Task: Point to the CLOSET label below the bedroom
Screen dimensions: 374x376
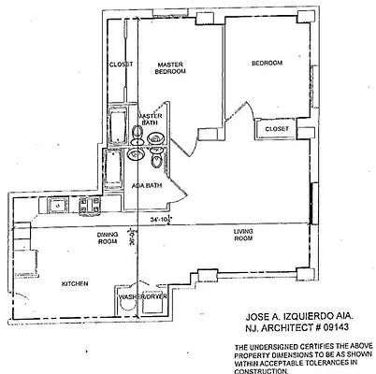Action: (277, 128)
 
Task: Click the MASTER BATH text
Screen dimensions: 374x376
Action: (152, 120)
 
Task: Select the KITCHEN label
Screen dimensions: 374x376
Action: (75, 283)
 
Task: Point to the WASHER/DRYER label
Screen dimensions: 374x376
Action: (142, 297)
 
